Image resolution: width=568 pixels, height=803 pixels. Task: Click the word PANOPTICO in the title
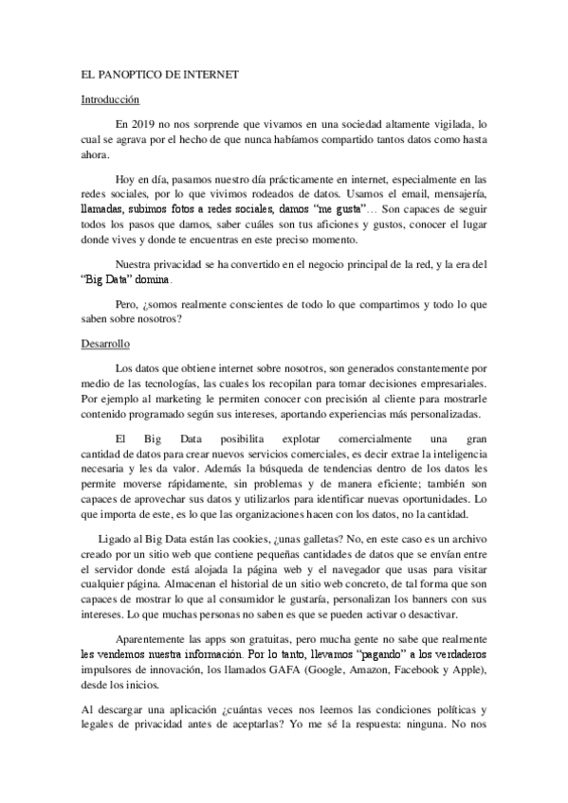point(129,72)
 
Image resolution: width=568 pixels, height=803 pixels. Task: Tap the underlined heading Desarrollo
point(104,345)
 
